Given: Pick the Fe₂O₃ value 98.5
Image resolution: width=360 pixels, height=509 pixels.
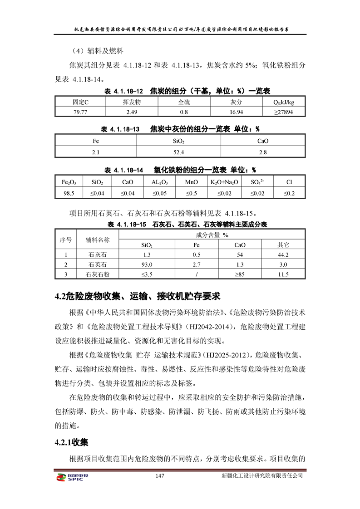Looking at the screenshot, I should pos(69,193).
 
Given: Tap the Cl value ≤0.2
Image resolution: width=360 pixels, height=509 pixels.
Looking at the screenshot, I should pos(289,193).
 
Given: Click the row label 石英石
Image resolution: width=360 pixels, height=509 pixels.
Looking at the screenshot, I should pos(98,264).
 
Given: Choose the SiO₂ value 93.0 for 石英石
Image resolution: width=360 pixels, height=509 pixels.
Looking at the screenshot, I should pos(147,264).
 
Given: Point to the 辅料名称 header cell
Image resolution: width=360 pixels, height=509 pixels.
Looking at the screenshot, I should pos(98,240).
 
